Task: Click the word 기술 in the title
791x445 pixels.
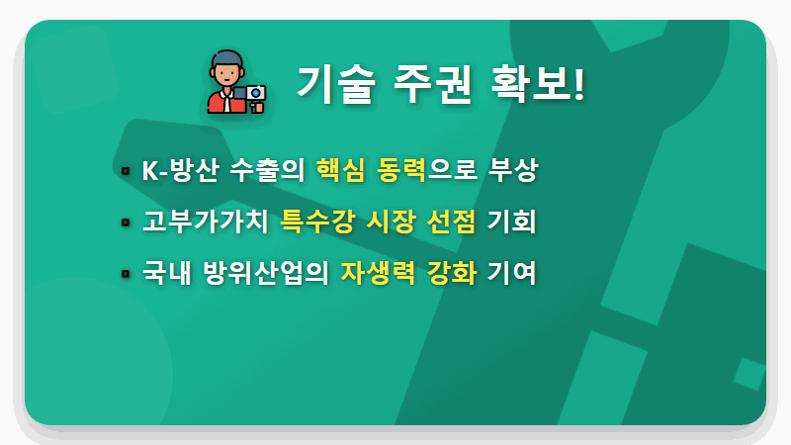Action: point(335,83)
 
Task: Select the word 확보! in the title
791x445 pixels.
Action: point(538,83)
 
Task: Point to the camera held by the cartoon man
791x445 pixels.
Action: point(256,95)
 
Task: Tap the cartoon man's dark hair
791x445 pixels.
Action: point(226,57)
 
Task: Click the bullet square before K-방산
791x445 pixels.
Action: point(126,172)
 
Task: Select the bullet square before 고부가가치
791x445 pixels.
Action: point(126,222)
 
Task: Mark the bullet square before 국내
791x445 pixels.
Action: point(126,273)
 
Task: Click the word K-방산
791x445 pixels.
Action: point(179,170)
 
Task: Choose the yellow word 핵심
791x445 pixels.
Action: point(339,170)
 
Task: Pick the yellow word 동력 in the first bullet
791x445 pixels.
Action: point(401,170)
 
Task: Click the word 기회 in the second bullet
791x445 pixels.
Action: point(511,221)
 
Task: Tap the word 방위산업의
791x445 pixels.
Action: point(263,271)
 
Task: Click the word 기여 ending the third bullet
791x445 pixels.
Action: point(511,271)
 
